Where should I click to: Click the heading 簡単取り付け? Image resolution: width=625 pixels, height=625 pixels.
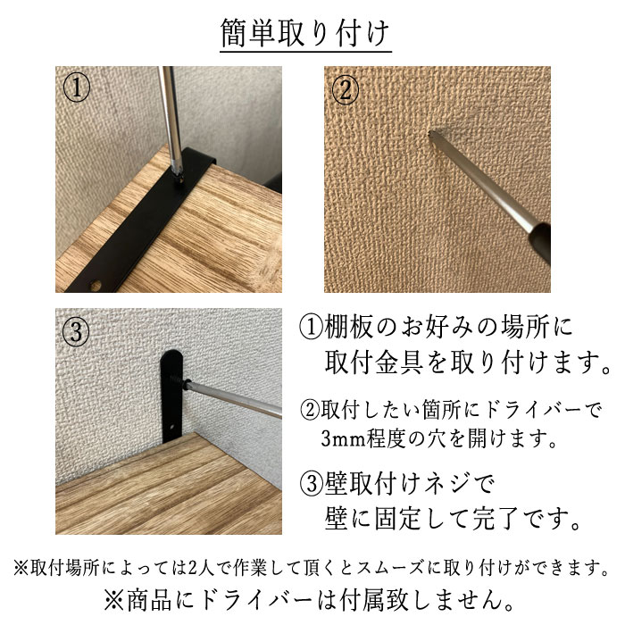305,33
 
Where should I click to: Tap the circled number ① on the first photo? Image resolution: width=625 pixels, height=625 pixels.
77,87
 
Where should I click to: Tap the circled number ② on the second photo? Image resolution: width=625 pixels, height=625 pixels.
346,90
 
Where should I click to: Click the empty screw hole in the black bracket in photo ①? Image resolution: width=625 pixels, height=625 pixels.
96,285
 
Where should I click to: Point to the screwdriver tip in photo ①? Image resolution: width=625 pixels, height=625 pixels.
178,174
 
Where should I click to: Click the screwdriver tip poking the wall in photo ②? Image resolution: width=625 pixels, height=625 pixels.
431,136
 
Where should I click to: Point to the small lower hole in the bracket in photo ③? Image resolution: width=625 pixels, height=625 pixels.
172,427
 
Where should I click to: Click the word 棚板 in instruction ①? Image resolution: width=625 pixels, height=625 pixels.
348,327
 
